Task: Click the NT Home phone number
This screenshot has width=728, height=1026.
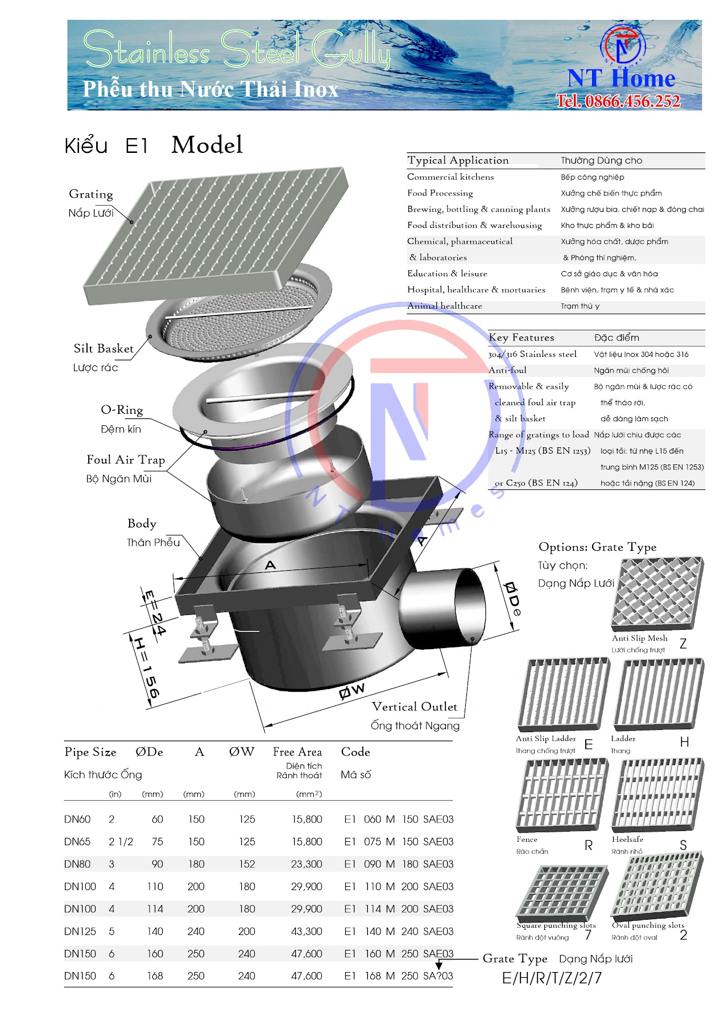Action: tap(618, 101)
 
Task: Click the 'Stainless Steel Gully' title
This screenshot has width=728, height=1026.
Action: tap(237, 49)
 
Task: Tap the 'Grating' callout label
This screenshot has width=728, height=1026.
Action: tap(91, 194)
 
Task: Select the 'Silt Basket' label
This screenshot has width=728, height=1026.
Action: tap(104, 348)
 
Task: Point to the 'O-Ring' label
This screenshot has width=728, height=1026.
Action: tap(122, 410)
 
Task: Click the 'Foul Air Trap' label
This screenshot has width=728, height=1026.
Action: tap(126, 459)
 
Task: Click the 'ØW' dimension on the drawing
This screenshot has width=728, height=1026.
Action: tap(352, 691)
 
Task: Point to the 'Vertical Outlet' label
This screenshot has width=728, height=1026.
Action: tap(414, 707)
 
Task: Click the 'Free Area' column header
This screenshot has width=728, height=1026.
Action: tap(297, 752)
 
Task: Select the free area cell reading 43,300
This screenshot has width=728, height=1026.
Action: tap(307, 931)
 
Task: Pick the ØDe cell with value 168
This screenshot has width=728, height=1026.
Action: tap(155, 976)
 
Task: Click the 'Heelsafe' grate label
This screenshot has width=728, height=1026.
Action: tap(627, 839)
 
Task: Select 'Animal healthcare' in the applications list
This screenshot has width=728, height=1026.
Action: tap(444, 306)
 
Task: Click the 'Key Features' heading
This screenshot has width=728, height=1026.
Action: tap(521, 338)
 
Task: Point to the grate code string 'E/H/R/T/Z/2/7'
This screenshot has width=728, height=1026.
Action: tap(552, 978)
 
